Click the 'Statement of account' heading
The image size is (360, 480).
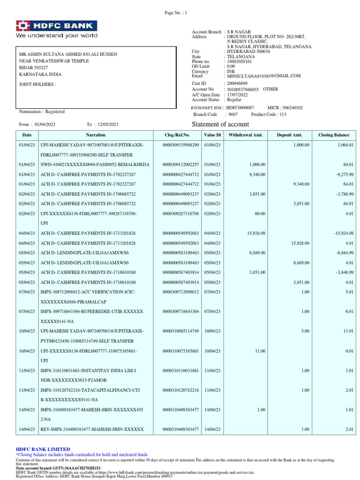tap(221, 124)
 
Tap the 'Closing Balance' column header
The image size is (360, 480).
tap(334, 135)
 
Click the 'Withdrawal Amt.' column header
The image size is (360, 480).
tap(246, 135)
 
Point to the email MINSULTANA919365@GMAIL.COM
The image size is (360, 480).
tap(264, 76)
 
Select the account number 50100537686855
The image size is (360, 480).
tap(243, 89)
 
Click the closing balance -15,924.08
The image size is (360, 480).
tap(343, 233)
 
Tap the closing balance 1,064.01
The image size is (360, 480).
tap(345, 145)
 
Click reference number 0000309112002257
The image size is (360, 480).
tap(180, 165)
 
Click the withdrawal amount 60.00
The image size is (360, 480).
tap(260, 214)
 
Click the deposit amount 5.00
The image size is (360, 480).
tap(305, 331)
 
